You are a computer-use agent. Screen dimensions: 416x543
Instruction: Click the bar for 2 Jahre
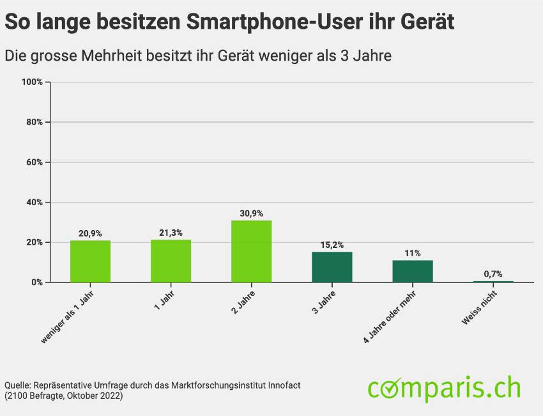(251, 251)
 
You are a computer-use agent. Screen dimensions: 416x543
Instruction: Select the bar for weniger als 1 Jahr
(90, 261)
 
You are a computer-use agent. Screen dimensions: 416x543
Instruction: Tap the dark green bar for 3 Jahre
(332, 267)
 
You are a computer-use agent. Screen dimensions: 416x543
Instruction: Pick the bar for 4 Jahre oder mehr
(412, 271)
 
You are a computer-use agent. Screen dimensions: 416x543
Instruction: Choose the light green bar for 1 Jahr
(171, 261)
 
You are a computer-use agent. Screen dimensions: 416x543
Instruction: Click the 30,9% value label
(251, 213)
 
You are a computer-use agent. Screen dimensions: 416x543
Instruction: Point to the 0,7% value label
(493, 273)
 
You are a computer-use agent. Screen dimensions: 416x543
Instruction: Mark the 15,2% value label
(332, 245)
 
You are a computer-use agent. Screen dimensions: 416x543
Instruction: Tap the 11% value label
(412, 253)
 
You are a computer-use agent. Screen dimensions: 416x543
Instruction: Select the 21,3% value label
(171, 233)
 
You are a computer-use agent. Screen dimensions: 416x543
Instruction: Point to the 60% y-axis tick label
(34, 162)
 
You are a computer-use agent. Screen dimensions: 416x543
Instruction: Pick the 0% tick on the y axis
(36, 282)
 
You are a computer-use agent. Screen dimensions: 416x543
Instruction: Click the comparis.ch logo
(444, 388)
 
